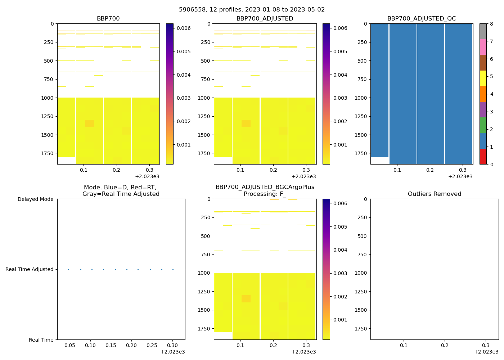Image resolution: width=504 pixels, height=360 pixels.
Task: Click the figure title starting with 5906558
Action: [x=252, y=10]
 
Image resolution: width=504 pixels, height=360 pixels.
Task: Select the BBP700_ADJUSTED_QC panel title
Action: [x=421, y=19]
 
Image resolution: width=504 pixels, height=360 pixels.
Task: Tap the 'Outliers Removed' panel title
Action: [x=434, y=194]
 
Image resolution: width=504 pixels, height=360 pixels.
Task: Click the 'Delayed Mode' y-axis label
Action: [x=35, y=199]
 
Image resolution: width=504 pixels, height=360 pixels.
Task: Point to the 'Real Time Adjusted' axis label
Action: [x=30, y=269]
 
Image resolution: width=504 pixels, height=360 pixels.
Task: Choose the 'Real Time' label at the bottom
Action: [x=41, y=340]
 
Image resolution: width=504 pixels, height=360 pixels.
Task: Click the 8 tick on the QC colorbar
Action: [x=491, y=24]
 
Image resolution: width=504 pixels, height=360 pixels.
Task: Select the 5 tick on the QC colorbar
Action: [x=491, y=76]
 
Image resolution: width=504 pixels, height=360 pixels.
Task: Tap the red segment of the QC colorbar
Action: [x=483, y=157]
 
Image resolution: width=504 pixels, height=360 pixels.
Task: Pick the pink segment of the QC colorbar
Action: [x=483, y=47]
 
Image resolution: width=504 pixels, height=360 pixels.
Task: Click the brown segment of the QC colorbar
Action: [x=483, y=63]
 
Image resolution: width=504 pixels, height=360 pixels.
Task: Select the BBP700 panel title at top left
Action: [x=108, y=19]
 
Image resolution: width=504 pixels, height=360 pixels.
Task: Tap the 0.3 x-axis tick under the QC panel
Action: [x=463, y=170]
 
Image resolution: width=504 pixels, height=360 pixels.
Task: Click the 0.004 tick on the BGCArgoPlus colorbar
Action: [x=340, y=250]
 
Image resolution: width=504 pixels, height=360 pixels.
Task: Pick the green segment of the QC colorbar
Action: [x=483, y=125]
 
